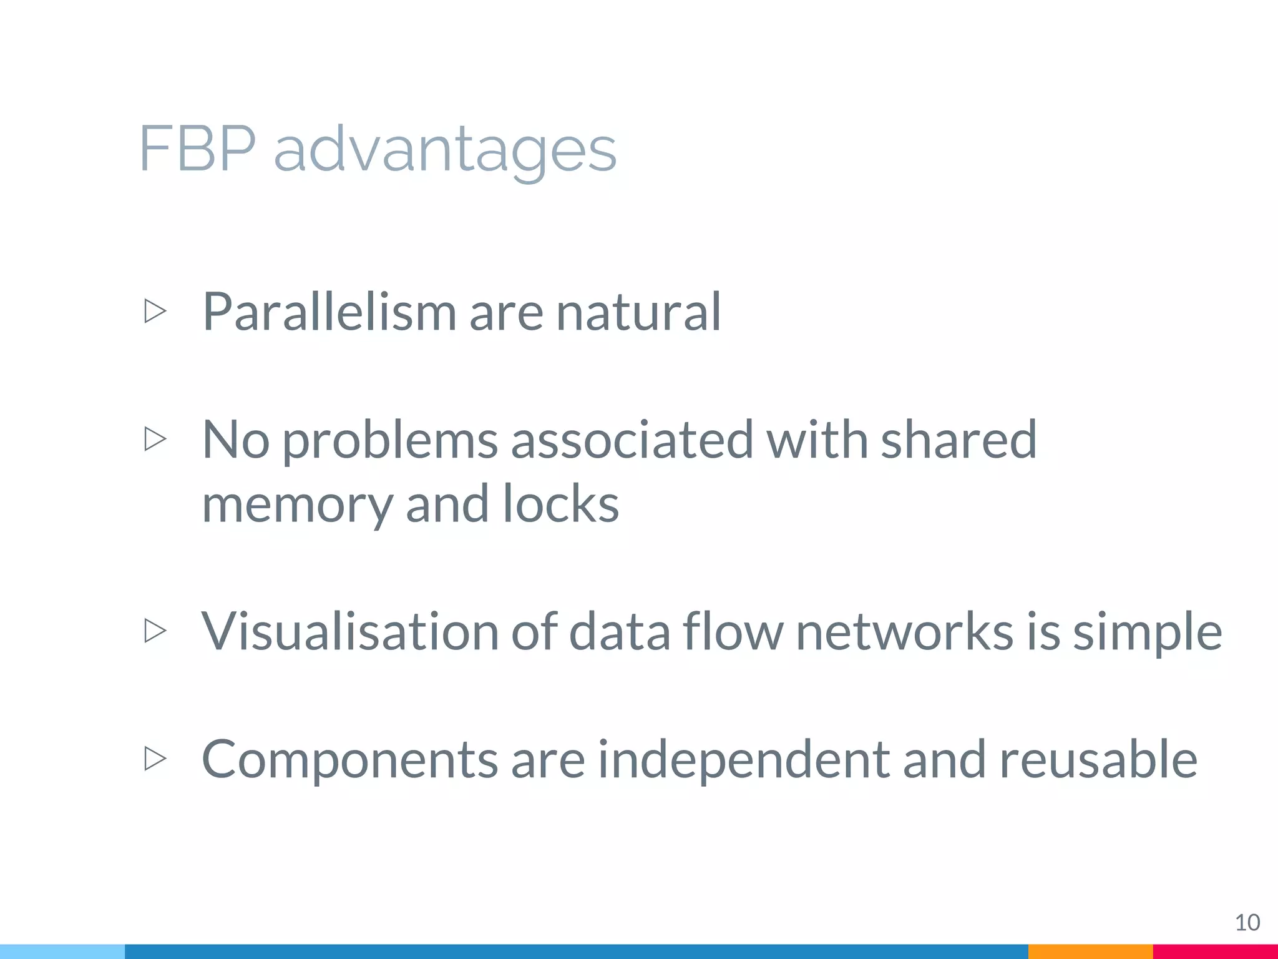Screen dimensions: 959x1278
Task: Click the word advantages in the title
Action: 445,150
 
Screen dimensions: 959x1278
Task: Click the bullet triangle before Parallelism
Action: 155,311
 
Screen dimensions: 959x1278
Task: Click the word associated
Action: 632,440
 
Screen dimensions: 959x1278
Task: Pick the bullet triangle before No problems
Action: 155,439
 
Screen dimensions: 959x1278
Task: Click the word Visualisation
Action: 349,631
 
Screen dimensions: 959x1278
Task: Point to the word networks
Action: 904,631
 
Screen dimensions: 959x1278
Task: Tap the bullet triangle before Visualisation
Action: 155,631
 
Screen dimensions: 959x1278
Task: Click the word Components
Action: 349,760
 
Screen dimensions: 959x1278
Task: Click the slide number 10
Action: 1247,922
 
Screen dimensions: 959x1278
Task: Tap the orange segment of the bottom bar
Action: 1090,952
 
